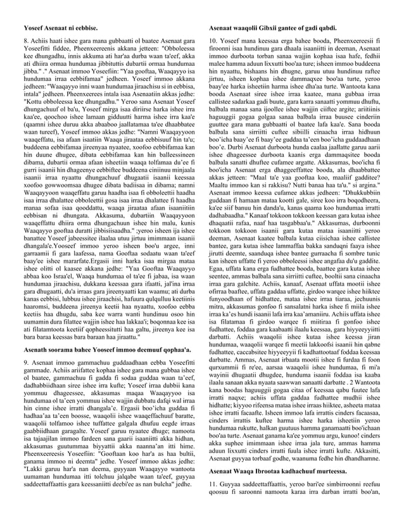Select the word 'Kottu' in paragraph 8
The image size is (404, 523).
click(x=32, y=103)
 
